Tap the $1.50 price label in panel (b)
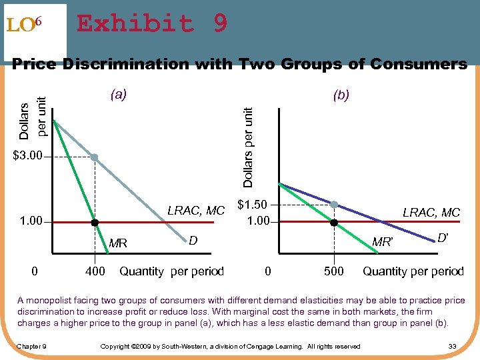(254, 205)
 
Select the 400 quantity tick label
(95, 271)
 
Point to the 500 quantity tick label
(333, 271)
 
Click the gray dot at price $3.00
(95, 157)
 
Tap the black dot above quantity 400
(95, 222)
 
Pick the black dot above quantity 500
(334, 222)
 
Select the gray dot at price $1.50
(334, 204)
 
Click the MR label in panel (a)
(117, 243)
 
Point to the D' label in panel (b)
(443, 237)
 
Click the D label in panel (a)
(193, 239)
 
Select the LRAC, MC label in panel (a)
(196, 211)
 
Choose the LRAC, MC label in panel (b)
(431, 212)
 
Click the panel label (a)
(118, 95)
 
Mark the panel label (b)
(341, 95)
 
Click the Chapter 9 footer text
(31, 346)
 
